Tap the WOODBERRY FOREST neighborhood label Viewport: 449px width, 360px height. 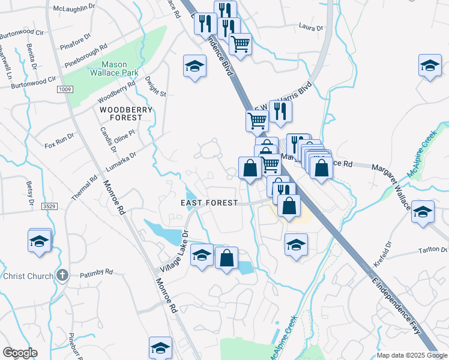point(126,113)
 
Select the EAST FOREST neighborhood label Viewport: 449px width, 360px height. point(209,203)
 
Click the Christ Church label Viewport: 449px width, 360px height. point(29,275)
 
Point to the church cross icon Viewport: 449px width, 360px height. point(62,275)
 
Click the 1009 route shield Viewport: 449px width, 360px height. point(65,89)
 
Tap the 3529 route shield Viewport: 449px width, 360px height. point(49,206)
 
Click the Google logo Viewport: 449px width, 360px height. point(20,353)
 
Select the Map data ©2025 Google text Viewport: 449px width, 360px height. point(411,355)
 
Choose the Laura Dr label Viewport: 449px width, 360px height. point(311,26)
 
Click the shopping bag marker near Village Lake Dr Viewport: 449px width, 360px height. point(226,259)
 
